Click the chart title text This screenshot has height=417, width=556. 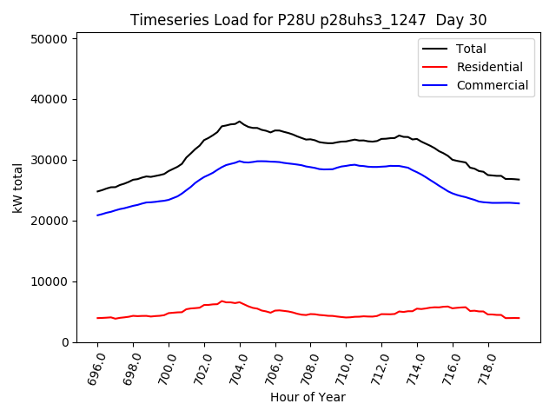tap(308, 20)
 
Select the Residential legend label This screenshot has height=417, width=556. tap(489, 67)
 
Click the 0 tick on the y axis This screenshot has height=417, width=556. tap(66, 343)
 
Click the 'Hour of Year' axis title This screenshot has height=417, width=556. tap(308, 398)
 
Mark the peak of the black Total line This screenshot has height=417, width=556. tap(240, 122)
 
